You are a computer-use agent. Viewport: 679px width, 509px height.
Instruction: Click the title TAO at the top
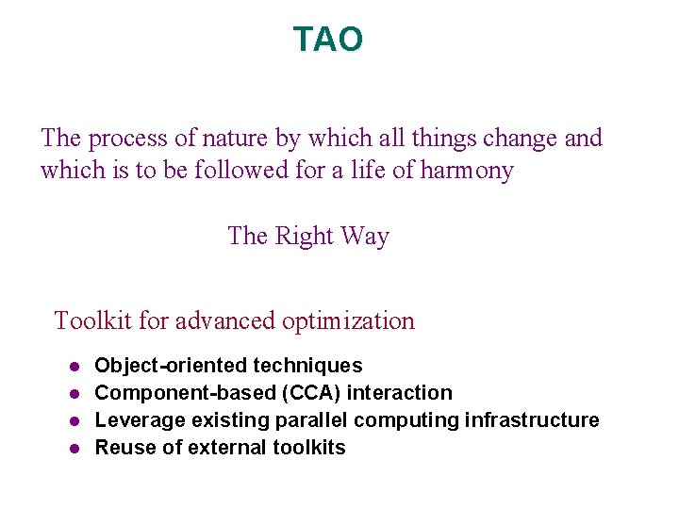327,40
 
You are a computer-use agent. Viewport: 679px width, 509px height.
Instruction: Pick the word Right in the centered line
305,236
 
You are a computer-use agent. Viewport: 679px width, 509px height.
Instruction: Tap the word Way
365,236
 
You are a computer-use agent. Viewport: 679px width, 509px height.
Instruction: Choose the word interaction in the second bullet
400,393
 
